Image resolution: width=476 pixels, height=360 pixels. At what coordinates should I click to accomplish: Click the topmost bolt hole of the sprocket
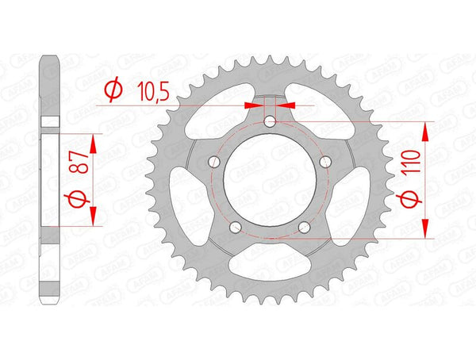click(270, 121)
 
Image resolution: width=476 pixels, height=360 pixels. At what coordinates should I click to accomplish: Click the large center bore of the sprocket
click(270, 182)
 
